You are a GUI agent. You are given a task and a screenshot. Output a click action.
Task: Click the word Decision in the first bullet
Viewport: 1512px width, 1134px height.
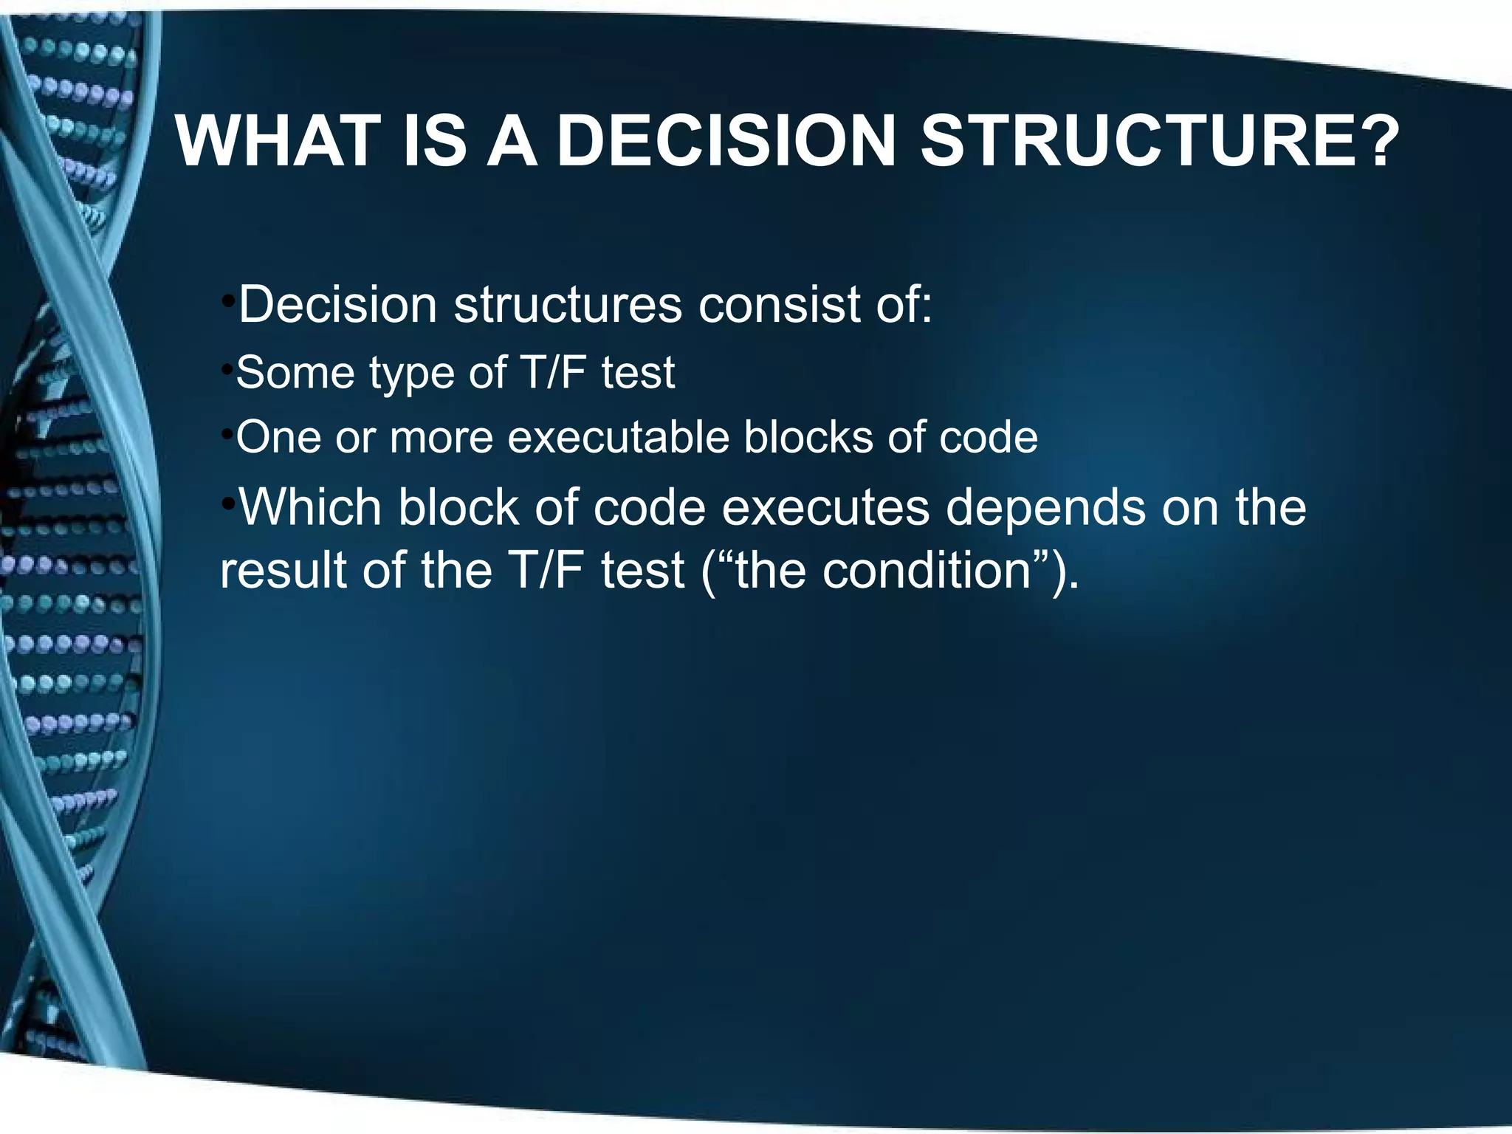338,304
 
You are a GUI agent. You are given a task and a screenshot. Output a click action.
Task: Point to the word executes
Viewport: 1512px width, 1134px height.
825,508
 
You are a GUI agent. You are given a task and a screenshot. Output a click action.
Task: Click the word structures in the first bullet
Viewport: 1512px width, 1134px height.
568,304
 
